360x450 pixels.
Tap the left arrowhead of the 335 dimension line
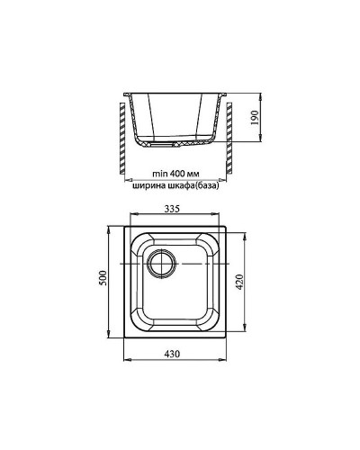tap(128, 217)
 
